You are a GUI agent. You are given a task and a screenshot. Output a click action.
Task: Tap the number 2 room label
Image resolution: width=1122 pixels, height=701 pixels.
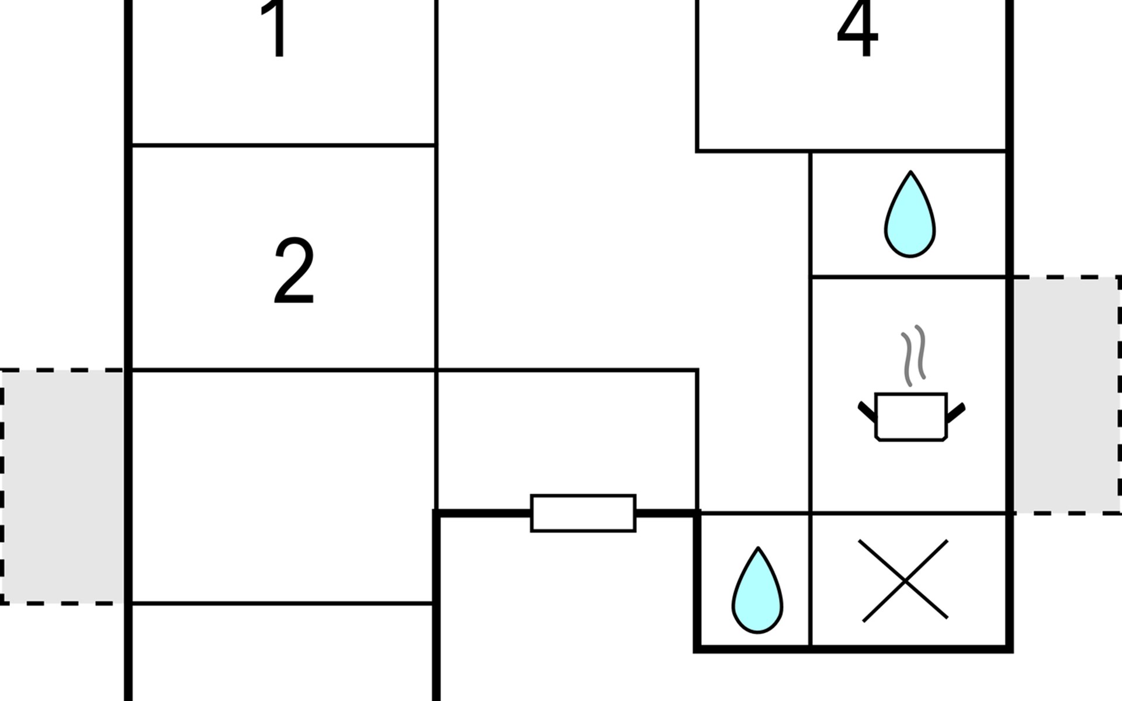point(294,271)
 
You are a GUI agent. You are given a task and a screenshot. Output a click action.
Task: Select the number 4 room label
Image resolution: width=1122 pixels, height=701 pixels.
point(857,28)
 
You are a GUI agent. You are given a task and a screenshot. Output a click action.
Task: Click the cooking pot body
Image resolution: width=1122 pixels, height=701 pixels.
point(911,417)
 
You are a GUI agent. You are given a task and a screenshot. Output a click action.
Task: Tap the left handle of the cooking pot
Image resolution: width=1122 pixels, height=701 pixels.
point(867,411)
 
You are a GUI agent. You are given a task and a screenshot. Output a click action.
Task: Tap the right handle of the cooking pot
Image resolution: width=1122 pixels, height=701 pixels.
point(956,412)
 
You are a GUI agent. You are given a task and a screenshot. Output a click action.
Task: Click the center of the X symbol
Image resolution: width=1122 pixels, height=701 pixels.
point(905,580)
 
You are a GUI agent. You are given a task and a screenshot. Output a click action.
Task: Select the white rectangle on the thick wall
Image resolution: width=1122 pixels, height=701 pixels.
point(583,513)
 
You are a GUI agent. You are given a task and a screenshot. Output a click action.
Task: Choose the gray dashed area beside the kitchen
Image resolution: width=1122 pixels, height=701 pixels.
point(1067,395)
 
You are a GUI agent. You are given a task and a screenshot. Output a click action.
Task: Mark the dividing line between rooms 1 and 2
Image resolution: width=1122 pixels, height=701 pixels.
point(283,144)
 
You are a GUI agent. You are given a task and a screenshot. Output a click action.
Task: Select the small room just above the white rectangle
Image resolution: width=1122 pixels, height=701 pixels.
point(567,440)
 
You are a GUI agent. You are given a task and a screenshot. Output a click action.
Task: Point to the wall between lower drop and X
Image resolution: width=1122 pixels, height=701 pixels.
point(811,580)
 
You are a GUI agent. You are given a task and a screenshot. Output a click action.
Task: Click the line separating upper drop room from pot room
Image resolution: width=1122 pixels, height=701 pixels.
point(909,276)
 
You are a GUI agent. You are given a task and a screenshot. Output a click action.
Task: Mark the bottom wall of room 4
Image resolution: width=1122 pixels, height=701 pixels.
point(852,151)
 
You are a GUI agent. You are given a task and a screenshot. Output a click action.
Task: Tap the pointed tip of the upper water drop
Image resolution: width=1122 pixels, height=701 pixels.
point(910,171)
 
